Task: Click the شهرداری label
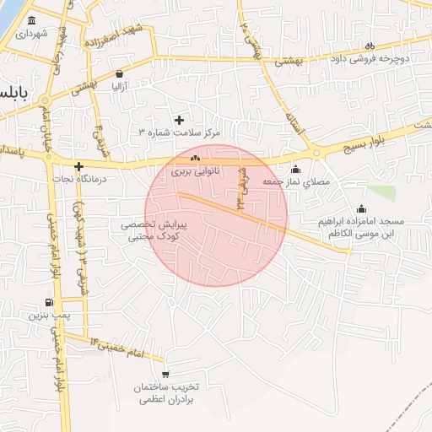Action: tap(30, 34)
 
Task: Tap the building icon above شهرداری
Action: tap(31, 20)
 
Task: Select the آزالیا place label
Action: tap(120, 85)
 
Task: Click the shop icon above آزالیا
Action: tap(120, 73)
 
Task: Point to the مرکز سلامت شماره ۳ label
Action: tap(179, 132)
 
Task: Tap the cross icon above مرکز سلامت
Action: tap(178, 120)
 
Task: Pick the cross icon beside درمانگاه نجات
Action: tap(78, 167)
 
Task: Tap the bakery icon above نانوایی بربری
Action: tap(196, 158)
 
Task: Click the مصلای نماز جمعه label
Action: tap(294, 182)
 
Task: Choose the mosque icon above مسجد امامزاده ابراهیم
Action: tap(362, 208)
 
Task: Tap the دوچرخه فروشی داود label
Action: tap(370, 59)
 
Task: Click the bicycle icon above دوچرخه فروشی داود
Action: tap(369, 46)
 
